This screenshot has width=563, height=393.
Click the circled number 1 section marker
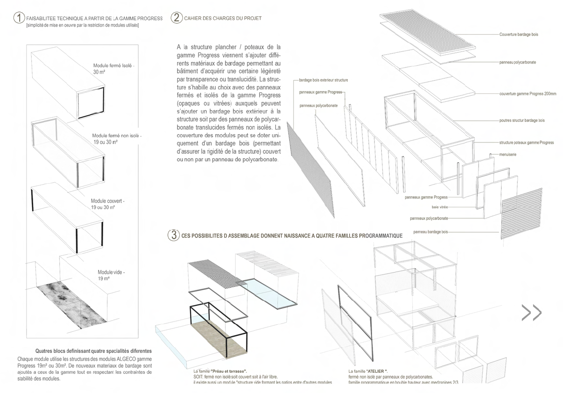coord(19,18)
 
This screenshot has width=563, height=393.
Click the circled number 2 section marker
coord(176,18)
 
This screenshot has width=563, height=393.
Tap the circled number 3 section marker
coord(173,235)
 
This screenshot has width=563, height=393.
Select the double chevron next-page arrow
coord(531,313)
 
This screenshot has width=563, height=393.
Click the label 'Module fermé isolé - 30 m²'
coord(113,69)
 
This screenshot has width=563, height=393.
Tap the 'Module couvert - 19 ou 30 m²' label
coord(108,204)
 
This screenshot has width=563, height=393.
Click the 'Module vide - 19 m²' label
coord(111,275)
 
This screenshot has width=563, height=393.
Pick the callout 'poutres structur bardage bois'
coord(521,121)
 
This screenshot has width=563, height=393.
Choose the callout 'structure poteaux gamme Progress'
coord(526,143)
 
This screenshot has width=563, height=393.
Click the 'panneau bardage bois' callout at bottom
coord(430,231)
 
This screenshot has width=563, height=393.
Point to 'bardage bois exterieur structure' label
coord(323,80)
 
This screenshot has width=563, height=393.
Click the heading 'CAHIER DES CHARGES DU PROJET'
coord(223,18)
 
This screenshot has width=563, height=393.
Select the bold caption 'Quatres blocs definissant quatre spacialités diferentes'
coord(93,351)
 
